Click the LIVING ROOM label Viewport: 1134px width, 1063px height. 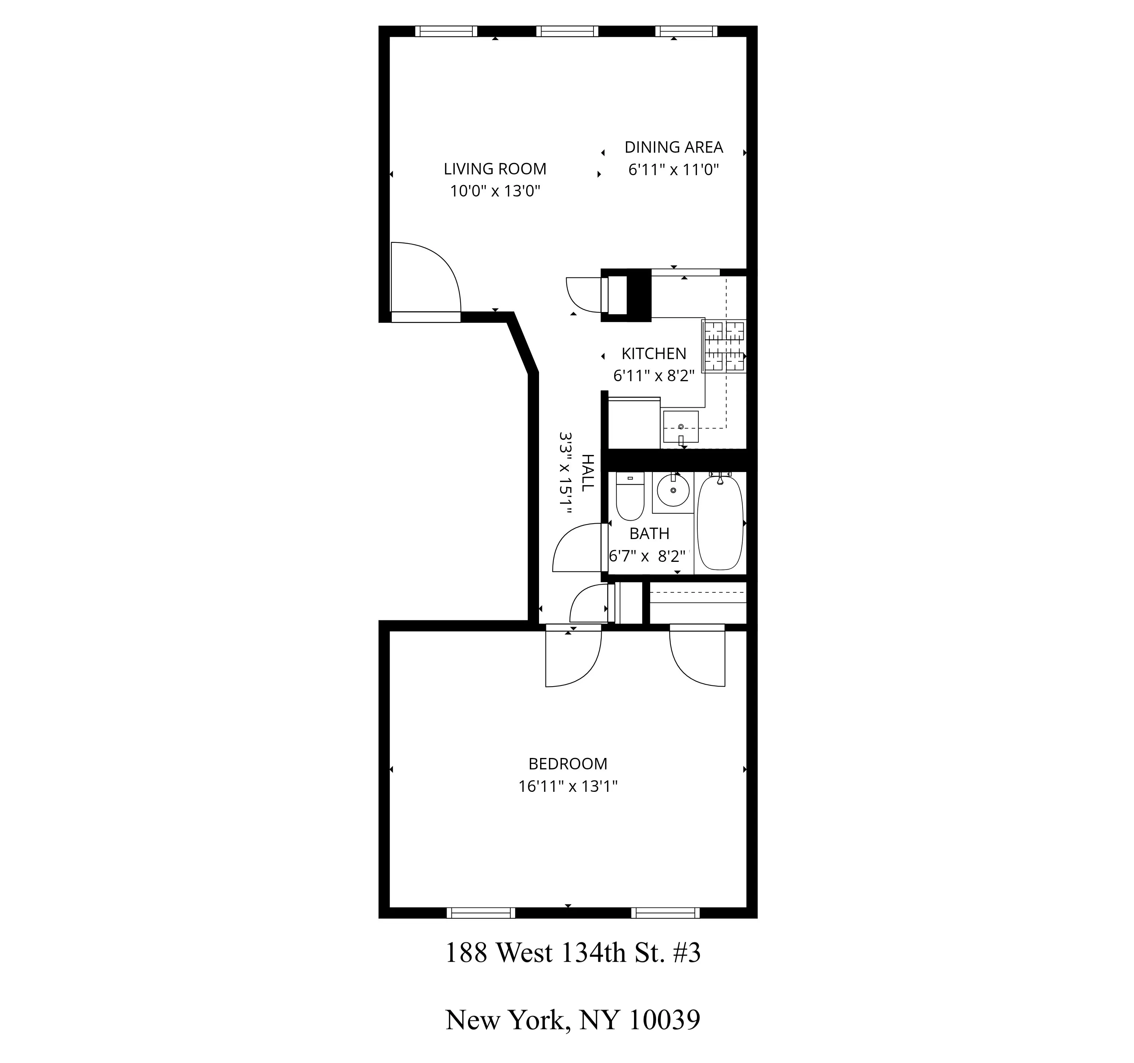pos(494,169)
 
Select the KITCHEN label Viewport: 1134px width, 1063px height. pos(654,354)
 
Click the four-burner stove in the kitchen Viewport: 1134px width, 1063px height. pos(724,346)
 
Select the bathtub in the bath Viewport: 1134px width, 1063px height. pos(720,522)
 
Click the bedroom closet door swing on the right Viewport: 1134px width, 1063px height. pos(697,657)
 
